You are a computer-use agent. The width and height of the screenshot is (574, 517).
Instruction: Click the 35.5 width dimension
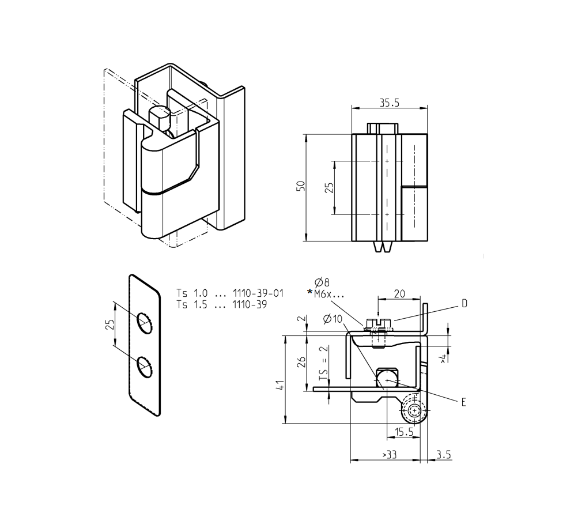[390, 103]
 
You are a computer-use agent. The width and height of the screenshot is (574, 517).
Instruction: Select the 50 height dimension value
[300, 187]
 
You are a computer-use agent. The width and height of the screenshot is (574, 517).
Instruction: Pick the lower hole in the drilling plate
[144, 367]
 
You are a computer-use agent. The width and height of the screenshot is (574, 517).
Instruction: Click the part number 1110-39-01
[258, 293]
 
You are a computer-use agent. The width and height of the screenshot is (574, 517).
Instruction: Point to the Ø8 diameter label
[322, 282]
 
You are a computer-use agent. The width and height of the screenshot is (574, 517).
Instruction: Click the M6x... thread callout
[329, 293]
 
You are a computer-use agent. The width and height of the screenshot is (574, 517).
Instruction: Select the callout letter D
[463, 304]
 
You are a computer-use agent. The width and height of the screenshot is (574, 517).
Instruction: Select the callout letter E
[463, 402]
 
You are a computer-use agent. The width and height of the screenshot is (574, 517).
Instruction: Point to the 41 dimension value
[279, 386]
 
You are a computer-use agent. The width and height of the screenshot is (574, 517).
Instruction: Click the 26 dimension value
[299, 362]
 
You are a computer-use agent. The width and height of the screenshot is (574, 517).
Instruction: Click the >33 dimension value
[389, 455]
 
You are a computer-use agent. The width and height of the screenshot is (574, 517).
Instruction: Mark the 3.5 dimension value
[444, 455]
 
